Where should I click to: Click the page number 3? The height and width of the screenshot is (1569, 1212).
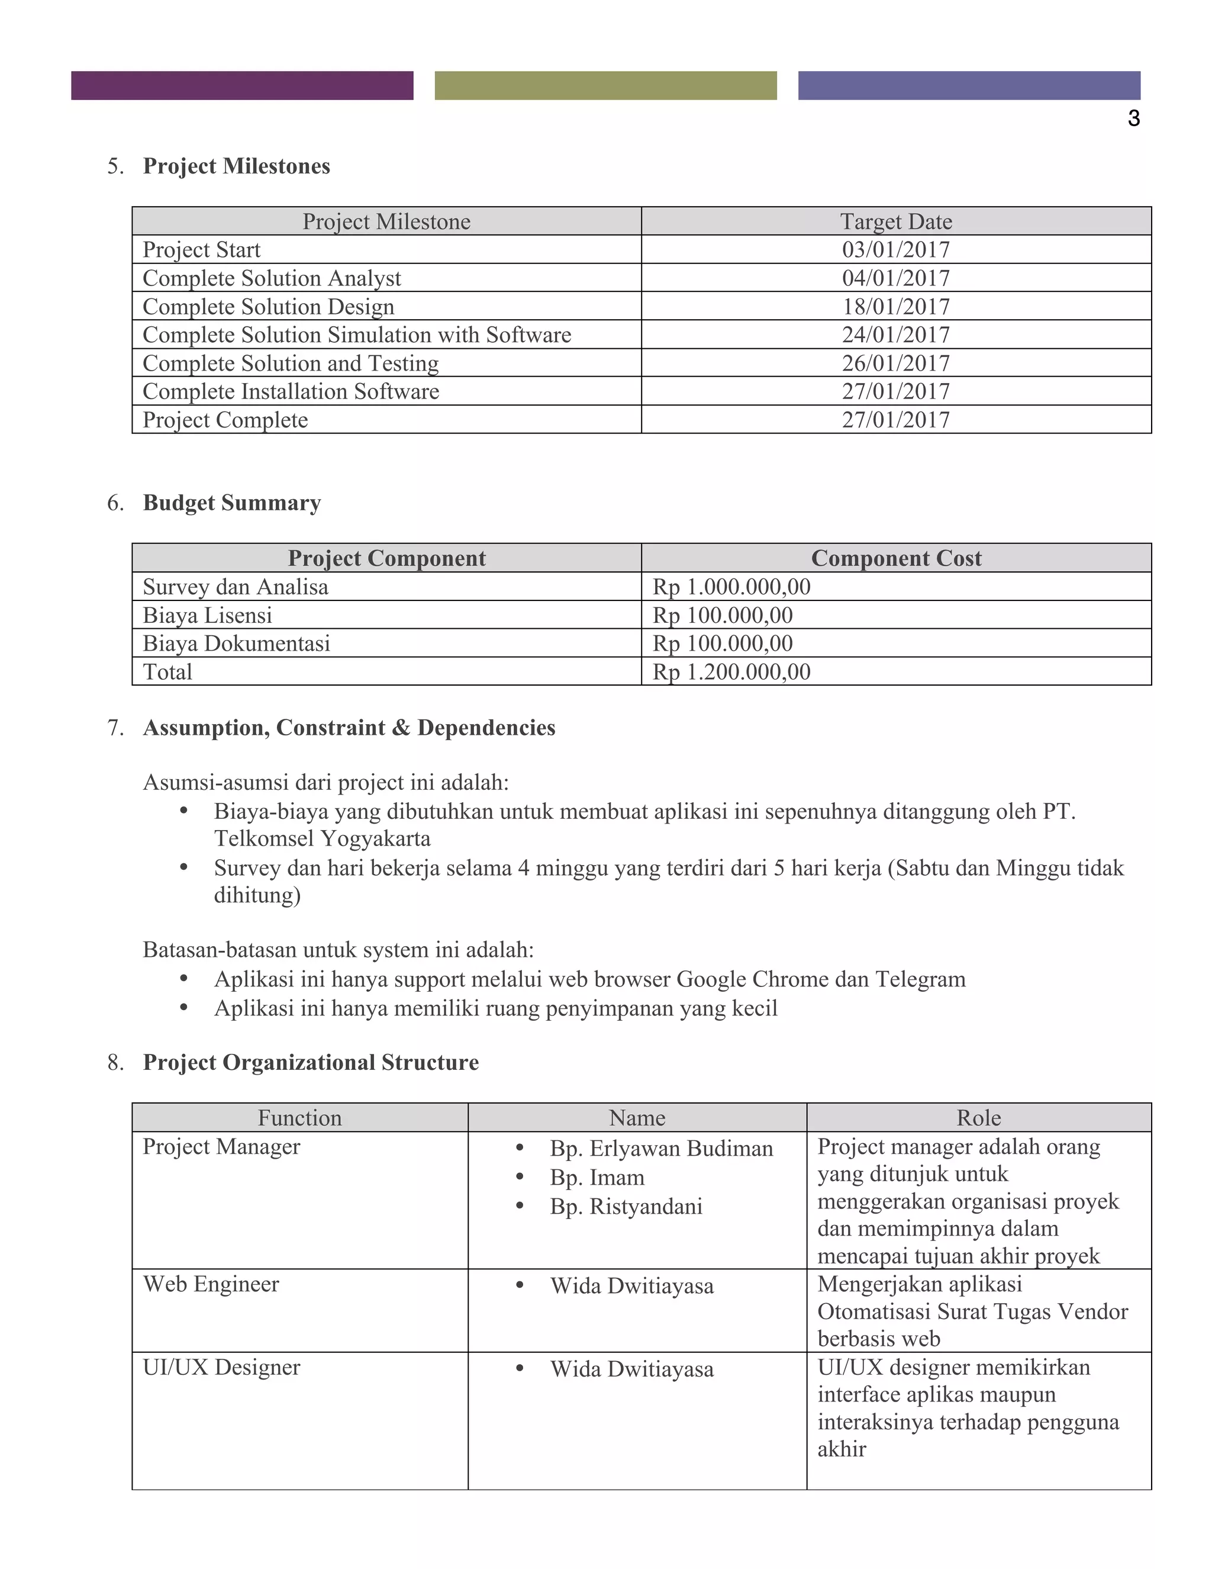click(1133, 118)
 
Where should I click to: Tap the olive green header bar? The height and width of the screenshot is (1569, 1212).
click(605, 85)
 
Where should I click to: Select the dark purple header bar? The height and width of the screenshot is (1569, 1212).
click(242, 85)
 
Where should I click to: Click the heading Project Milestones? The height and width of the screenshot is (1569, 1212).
click(236, 166)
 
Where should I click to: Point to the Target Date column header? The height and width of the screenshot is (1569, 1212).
click(895, 221)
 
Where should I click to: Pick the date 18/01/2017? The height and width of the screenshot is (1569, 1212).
click(895, 307)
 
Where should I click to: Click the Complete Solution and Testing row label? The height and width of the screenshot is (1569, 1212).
click(291, 364)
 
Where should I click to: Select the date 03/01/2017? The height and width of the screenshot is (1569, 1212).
click(895, 250)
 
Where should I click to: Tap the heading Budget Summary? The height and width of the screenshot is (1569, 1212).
click(231, 503)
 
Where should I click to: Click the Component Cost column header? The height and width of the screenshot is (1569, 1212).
click(895, 558)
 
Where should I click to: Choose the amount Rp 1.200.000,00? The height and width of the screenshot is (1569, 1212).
click(731, 673)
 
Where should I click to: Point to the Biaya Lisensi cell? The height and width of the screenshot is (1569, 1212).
click(208, 616)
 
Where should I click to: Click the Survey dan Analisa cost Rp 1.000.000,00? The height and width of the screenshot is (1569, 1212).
click(731, 587)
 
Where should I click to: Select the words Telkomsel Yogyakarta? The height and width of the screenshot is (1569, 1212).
click(323, 839)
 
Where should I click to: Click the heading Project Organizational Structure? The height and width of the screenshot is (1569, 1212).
click(310, 1063)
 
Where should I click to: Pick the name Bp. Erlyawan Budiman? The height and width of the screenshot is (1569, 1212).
click(661, 1149)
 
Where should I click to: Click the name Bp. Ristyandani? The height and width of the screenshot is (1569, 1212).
click(626, 1206)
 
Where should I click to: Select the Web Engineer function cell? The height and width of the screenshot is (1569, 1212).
click(211, 1284)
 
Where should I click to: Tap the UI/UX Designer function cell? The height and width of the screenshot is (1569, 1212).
click(221, 1367)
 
